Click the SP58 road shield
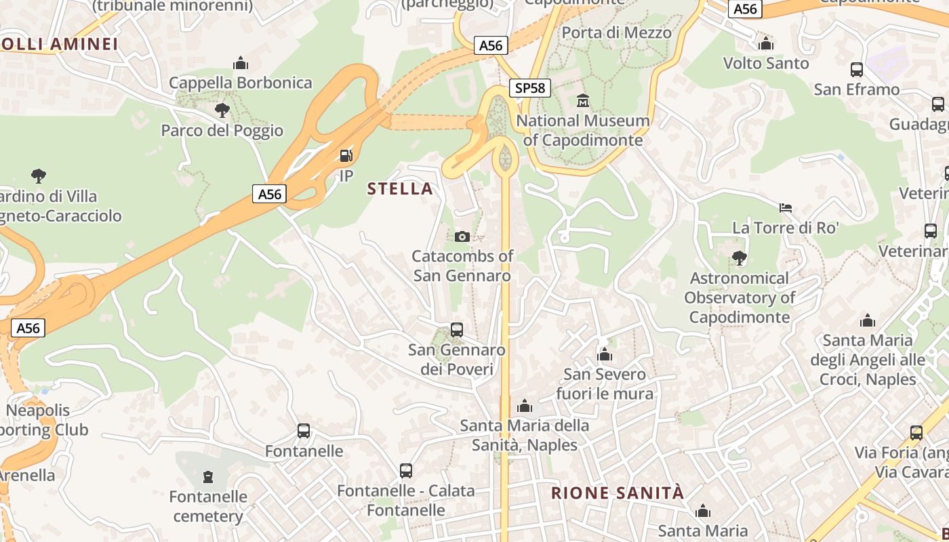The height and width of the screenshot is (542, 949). click(x=529, y=87)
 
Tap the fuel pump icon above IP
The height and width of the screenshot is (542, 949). click(x=346, y=156)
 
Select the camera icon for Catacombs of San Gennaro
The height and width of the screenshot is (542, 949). click(x=462, y=236)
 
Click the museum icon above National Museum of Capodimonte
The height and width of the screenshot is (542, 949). click(x=583, y=101)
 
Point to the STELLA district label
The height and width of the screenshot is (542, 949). click(x=400, y=188)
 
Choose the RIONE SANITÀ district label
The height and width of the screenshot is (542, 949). click(x=618, y=493)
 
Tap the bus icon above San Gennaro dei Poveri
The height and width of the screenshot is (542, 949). click(x=457, y=330)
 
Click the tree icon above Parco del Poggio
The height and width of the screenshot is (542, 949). click(x=222, y=110)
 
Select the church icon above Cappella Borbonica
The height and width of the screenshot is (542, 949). click(x=241, y=64)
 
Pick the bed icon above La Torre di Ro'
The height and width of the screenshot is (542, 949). click(x=786, y=207)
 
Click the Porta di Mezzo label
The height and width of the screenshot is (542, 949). click(x=617, y=32)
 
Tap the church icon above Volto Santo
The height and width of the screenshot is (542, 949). click(x=766, y=44)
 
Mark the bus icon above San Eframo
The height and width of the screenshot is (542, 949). click(x=857, y=69)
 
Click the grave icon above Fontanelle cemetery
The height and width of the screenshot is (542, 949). click(x=208, y=477)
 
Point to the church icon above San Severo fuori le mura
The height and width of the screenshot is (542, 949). click(x=605, y=354)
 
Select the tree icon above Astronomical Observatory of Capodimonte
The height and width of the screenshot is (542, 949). click(x=739, y=257)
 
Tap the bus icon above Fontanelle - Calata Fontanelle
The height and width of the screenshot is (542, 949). click(x=406, y=470)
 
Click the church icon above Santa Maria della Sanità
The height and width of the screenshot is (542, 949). click(x=524, y=406)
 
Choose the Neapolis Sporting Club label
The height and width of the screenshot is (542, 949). click(x=41, y=420)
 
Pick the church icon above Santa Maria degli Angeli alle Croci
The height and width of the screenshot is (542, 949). click(x=868, y=320)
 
